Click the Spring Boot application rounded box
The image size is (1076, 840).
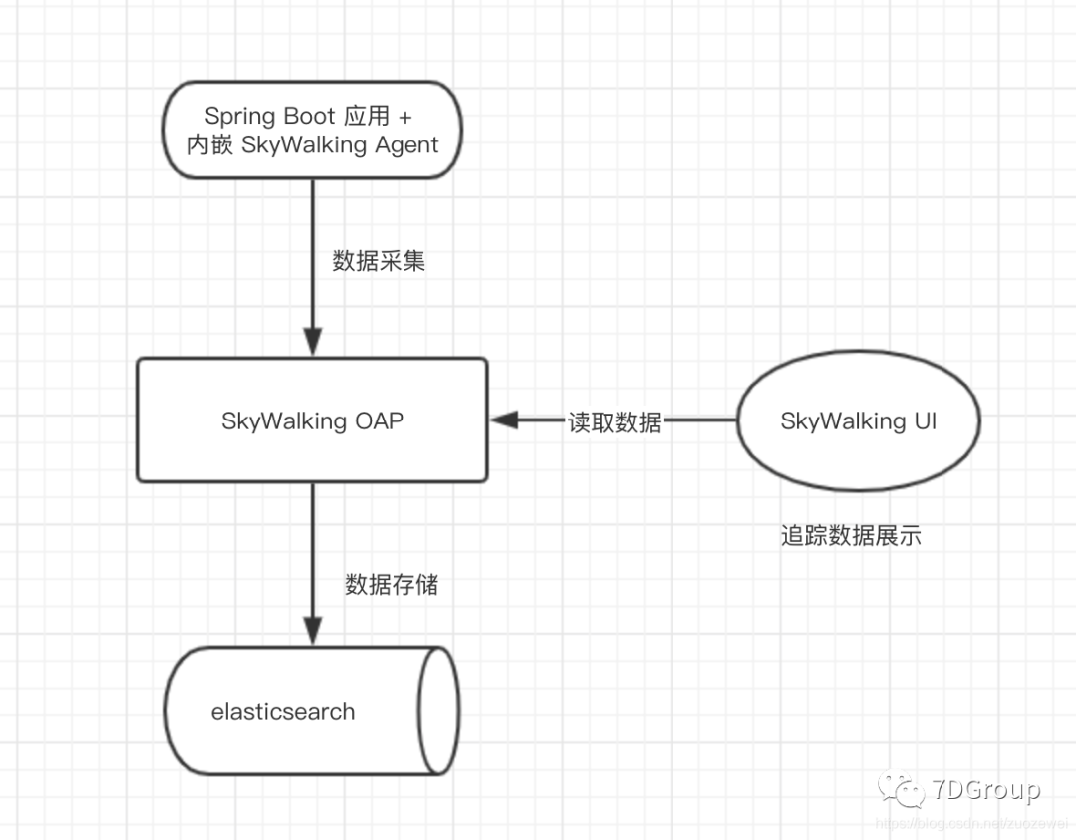[313, 130]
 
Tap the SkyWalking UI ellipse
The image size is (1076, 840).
[858, 420]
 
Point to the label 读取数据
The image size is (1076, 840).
[615, 421]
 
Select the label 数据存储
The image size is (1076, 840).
[392, 585]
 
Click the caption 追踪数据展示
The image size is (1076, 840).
[851, 536]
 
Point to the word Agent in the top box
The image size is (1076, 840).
[406, 145]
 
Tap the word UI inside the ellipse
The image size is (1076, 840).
[924, 420]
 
